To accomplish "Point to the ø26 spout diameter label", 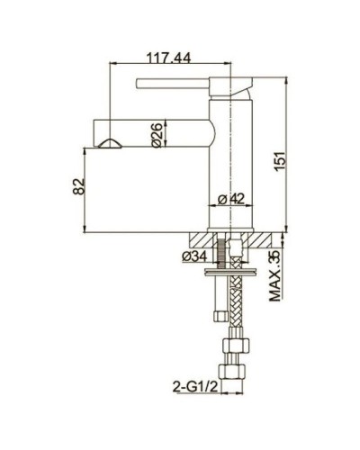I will pyautogui.click(x=155, y=136).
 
